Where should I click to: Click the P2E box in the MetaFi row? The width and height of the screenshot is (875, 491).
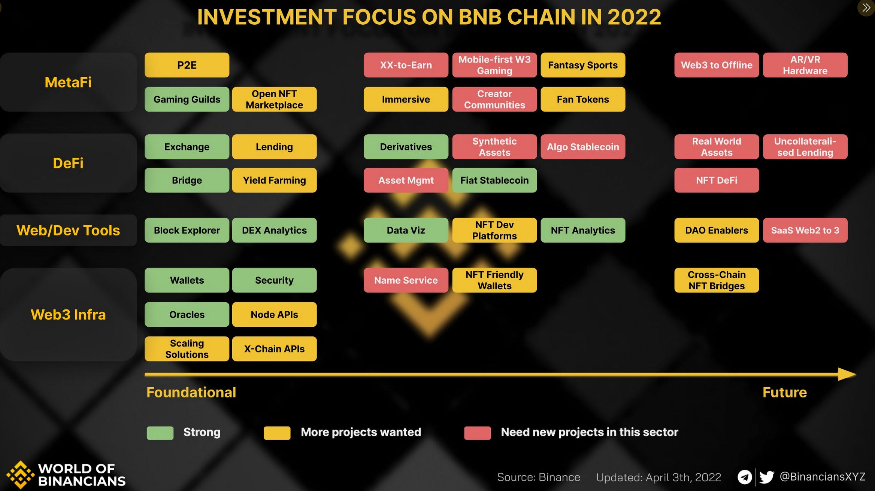[187, 65]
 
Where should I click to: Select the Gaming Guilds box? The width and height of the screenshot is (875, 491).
[187, 99]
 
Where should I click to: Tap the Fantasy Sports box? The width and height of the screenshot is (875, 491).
[582, 65]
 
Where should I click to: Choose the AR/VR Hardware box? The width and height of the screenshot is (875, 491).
[805, 65]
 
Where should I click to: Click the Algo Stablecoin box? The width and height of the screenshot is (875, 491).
[582, 147]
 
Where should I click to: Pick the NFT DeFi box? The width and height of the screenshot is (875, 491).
[716, 180]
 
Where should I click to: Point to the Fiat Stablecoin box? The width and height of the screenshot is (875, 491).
[494, 180]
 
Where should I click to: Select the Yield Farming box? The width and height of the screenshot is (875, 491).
[274, 180]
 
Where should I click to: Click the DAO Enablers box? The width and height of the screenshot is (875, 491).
[716, 230]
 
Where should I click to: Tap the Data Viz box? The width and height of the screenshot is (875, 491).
[406, 230]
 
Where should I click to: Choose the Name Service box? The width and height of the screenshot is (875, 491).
[406, 280]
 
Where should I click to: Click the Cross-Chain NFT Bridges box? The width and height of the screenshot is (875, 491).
[716, 280]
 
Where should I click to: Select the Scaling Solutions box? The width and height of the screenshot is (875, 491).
[187, 348]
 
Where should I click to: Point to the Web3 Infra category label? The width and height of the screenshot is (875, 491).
[68, 314]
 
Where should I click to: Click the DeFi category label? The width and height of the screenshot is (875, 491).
[68, 163]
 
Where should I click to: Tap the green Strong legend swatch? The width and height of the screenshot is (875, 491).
[160, 433]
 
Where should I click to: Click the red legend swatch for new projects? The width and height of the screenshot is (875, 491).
[477, 433]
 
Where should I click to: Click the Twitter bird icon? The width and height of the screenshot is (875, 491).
[766, 477]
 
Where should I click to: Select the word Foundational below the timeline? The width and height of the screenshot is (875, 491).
[191, 392]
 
